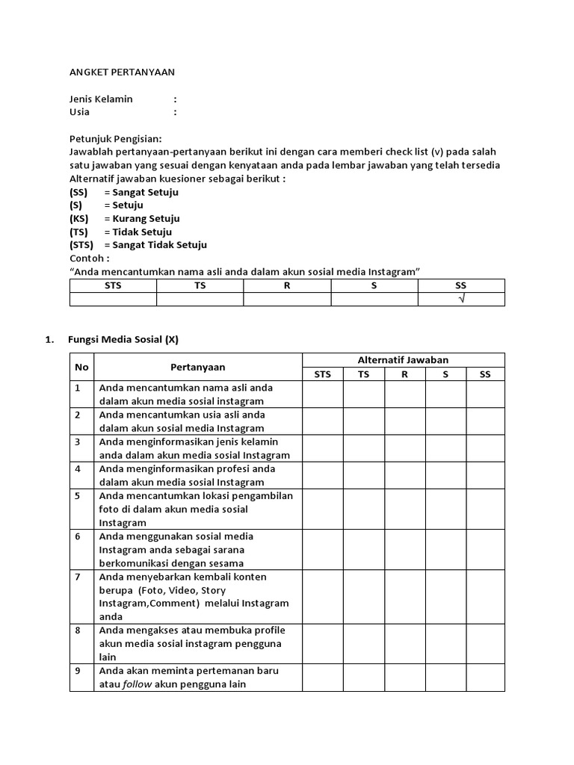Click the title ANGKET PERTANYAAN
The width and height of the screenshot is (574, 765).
tap(123, 72)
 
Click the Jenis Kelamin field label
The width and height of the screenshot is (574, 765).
tap(101, 99)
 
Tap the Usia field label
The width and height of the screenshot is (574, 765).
tap(79, 112)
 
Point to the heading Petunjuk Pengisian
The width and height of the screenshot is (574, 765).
tap(115, 139)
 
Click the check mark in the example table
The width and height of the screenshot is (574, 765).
tap(461, 300)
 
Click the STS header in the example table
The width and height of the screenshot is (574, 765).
tap(113, 286)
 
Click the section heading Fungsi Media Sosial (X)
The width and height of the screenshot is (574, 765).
tap(123, 340)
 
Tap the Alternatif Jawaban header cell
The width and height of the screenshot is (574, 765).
tap(403, 360)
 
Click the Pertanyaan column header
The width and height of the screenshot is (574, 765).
tap(198, 367)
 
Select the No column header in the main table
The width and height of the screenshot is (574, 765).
tap(81, 367)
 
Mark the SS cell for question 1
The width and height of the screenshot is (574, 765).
tap(486, 394)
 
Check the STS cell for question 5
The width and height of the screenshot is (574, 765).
tap(323, 509)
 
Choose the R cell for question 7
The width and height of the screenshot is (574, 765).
tap(405, 597)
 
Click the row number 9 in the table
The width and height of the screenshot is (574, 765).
tap(78, 671)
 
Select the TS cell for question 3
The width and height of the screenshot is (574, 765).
tap(364, 448)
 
